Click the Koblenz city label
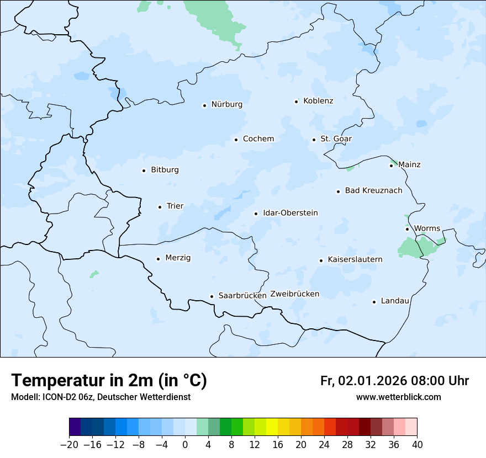(318, 101)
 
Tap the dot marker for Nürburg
(204, 105)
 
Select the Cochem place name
(258, 139)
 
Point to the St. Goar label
(336, 139)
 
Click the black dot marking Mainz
(392, 166)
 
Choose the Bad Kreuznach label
(373, 191)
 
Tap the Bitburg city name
(165, 170)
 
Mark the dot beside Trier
(160, 207)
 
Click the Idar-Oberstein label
(290, 213)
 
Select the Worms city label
(427, 228)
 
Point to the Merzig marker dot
(159, 259)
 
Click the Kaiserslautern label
(355, 259)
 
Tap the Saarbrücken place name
(242, 296)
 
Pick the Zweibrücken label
(294, 294)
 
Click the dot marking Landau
(374, 302)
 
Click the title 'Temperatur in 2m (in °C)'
(109, 381)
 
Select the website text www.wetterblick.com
(398, 397)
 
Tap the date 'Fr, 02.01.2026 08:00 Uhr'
(394, 381)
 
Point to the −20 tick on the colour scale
(69, 445)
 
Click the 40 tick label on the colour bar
(417, 445)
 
